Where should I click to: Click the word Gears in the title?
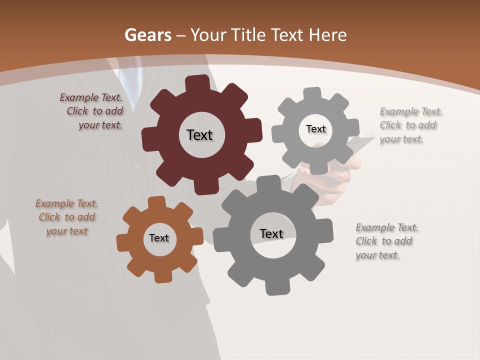point(148,35)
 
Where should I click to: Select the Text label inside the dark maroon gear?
point(199,135)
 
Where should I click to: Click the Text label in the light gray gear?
point(315,129)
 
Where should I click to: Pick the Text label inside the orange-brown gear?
point(159,238)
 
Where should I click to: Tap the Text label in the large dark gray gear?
point(271,233)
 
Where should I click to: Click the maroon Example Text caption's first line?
point(91,97)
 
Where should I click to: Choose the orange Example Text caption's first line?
point(66,203)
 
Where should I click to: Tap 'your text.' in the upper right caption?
point(401,139)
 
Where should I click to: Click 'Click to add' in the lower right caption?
point(384,241)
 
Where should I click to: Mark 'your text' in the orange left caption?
point(66,231)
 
